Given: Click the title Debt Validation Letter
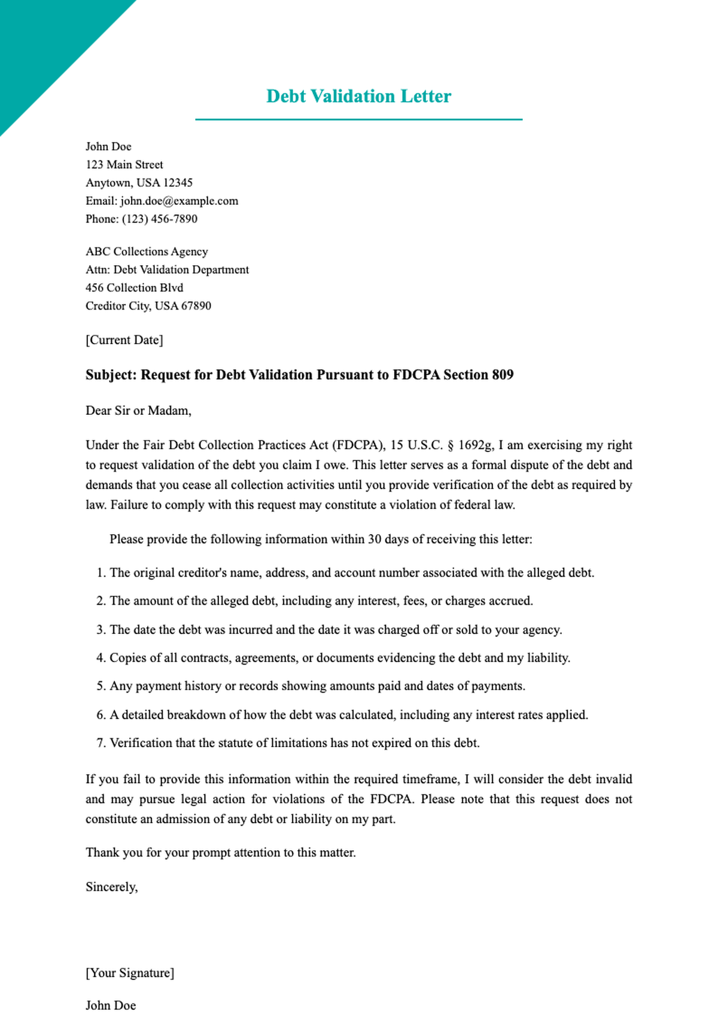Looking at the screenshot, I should (358, 96).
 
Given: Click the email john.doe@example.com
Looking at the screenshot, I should (179, 201).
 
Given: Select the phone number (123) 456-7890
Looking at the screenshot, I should (159, 219).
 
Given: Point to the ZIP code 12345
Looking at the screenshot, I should (178, 183).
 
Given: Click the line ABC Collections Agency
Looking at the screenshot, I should (147, 252).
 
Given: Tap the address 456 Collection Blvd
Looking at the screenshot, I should (134, 288).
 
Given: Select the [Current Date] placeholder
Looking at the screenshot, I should (124, 340).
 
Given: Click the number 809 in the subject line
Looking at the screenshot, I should (503, 375).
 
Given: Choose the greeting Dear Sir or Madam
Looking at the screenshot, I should (138, 411).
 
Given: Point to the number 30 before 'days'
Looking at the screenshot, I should (375, 539).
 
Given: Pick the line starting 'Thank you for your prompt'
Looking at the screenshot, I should (220, 853).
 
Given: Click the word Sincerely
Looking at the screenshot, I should (111, 887).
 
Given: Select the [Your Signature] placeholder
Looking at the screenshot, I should (130, 973).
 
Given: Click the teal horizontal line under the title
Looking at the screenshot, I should (358, 120).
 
